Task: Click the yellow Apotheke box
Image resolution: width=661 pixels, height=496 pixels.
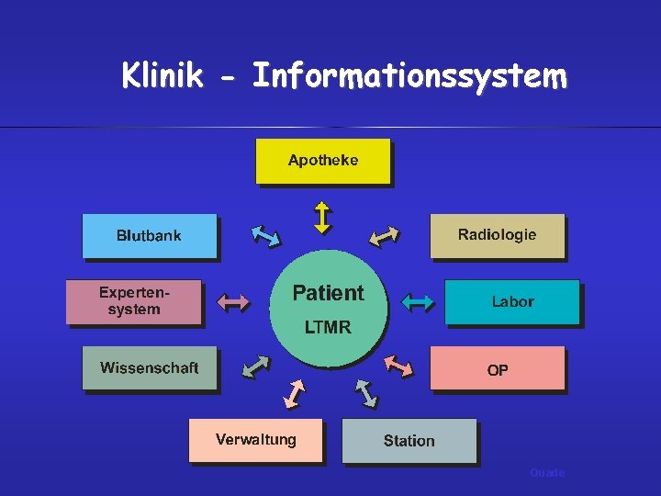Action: pyautogui.click(x=322, y=161)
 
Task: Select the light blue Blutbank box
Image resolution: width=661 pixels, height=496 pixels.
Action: pyautogui.click(x=150, y=236)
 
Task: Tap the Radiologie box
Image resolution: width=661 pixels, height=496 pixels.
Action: pyautogui.click(x=497, y=236)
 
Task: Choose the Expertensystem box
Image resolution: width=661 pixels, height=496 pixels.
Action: pyautogui.click(x=133, y=302)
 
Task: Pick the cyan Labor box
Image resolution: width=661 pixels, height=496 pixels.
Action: pyautogui.click(x=511, y=302)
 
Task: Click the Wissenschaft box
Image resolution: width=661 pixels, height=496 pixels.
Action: pyautogui.click(x=150, y=368)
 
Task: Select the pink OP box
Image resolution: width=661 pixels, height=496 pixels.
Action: pyautogui.click(x=497, y=369)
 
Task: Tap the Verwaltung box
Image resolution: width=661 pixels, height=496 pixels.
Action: pyautogui.click(x=256, y=440)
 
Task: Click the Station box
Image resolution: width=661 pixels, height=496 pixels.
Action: pyautogui.click(x=409, y=441)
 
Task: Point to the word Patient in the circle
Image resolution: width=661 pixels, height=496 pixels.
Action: pyautogui.click(x=328, y=293)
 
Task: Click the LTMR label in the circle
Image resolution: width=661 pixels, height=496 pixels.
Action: pyautogui.click(x=328, y=327)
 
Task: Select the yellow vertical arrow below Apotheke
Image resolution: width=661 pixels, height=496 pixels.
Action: pyautogui.click(x=322, y=218)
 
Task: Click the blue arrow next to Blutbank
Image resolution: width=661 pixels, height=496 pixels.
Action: pyautogui.click(x=265, y=236)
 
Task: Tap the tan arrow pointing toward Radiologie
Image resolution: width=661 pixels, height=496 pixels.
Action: pyautogui.click(x=383, y=236)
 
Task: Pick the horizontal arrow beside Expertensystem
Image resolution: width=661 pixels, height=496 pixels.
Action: pyautogui.click(x=232, y=300)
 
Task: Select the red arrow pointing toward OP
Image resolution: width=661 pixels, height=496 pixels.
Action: pyautogui.click(x=398, y=365)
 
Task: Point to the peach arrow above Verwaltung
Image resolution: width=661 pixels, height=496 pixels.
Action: pyautogui.click(x=295, y=392)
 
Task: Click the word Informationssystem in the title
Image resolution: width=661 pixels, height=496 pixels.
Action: pyautogui.click(x=409, y=76)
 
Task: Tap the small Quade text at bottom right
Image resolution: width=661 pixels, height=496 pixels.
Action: pyautogui.click(x=547, y=472)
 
